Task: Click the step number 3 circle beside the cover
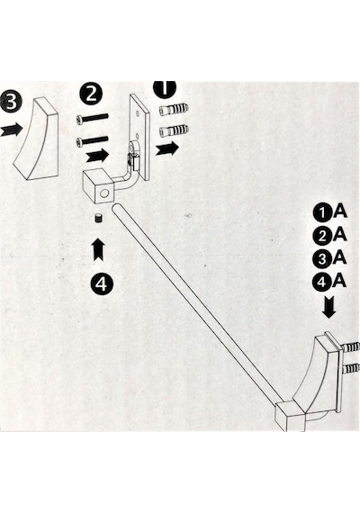(x=10, y=102)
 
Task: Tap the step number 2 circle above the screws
(x=91, y=94)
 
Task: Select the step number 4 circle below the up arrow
(x=102, y=283)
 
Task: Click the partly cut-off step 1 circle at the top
(x=165, y=89)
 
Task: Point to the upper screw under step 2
(x=92, y=119)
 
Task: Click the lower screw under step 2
(x=92, y=140)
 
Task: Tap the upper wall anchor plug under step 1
(x=174, y=110)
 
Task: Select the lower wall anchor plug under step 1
(x=174, y=130)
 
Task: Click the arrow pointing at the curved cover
(x=11, y=130)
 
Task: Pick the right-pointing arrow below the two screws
(x=97, y=155)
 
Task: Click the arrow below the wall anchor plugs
(x=167, y=148)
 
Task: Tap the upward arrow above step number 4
(x=98, y=249)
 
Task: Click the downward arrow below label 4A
(x=328, y=307)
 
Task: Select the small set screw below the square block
(x=97, y=218)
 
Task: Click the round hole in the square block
(x=104, y=193)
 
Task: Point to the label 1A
(x=329, y=212)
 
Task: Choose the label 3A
(x=329, y=258)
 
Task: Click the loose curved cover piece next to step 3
(x=38, y=139)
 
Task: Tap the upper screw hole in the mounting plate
(x=138, y=112)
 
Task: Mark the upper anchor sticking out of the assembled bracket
(x=351, y=346)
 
